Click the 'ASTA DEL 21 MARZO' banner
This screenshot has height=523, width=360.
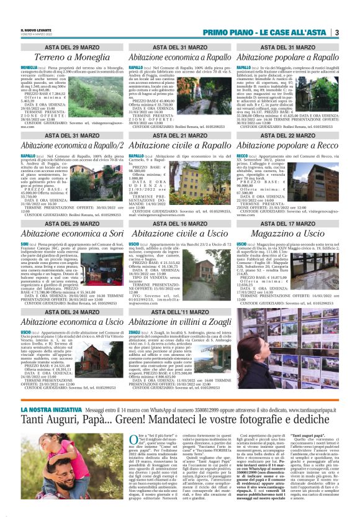pos(179,134)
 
